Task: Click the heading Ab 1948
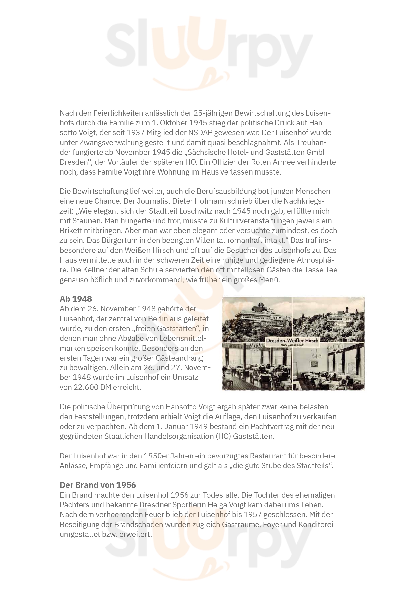(x=75, y=299)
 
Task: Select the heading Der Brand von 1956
(x=98, y=485)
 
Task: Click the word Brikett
(x=71, y=231)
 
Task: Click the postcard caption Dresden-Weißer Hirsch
(x=292, y=340)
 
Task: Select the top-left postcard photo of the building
(x=257, y=319)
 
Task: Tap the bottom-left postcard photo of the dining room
(x=257, y=367)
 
